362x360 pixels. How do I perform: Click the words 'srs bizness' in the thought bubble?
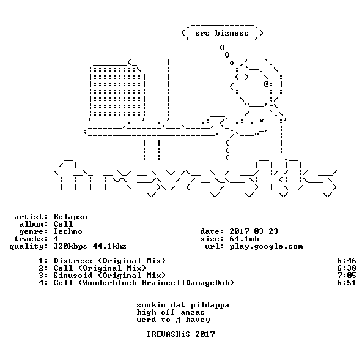coord(222,33)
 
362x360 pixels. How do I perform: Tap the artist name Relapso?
coord(70,217)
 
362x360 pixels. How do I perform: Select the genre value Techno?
coord(68,231)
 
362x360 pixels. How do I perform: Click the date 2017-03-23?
coord(254,231)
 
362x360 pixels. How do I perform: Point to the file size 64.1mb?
coord(244,239)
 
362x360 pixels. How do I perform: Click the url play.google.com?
coord(266,246)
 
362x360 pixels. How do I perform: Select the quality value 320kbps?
coord(70,246)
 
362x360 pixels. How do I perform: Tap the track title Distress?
coord(73,261)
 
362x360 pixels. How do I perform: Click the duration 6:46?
coord(347,261)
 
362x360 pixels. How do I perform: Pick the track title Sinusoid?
coord(73,276)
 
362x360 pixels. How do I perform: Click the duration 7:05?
coord(347,276)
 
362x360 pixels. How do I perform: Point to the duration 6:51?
coord(347,283)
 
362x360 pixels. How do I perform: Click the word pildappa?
coord(210,305)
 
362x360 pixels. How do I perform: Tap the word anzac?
coord(193,312)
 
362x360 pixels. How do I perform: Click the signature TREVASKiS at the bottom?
coord(168,334)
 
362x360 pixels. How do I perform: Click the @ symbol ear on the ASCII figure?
coord(266,84)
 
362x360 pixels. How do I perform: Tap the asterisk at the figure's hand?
coord(261,121)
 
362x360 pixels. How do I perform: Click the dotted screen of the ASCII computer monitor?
coord(117,92)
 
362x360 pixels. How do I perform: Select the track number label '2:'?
coord(43,268)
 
